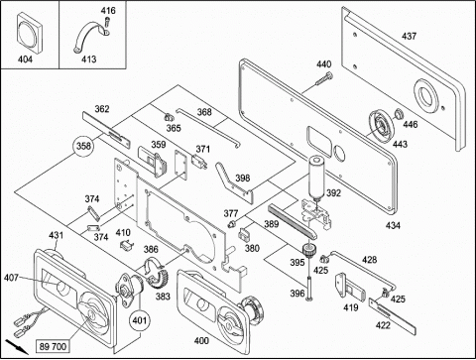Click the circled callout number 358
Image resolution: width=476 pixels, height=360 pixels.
pos(83,146)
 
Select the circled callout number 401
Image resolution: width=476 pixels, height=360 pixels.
pos(139,320)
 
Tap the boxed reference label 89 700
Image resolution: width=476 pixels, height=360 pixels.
pos(53,346)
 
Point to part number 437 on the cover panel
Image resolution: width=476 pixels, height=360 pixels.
pos(409,36)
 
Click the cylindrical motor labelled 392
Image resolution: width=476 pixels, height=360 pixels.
pos(316,178)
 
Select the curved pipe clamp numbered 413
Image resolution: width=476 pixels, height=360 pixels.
pos(92,37)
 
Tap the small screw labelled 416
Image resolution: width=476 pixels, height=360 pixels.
pos(106,23)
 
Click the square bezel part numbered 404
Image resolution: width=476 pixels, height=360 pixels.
pos(29,33)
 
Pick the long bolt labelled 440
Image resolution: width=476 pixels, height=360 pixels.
pos(323,78)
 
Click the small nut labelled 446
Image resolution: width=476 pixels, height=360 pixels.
pos(398,114)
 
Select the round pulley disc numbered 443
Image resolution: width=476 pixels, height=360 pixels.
pos(382,126)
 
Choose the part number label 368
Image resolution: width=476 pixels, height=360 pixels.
pos(204,112)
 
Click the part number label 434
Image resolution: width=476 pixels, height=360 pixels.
pos(393,226)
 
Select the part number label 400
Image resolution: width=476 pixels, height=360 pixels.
pos(201,340)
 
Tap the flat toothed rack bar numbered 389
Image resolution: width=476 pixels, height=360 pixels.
pos(293,221)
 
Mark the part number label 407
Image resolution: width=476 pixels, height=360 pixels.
pos(11,278)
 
